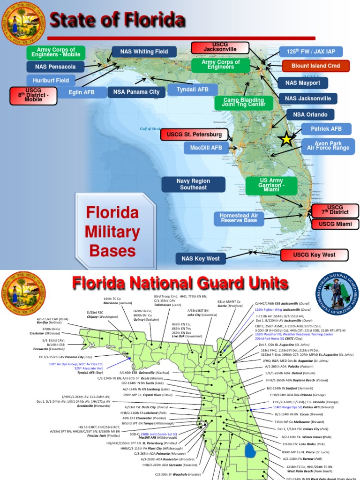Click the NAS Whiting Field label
tap(143, 52)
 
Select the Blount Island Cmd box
tap(315, 66)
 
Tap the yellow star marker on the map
tap(285, 139)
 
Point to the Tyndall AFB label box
tap(193, 90)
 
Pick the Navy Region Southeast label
tap(193, 184)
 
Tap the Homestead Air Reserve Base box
tap(238, 217)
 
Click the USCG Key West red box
tap(315, 255)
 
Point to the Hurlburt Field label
tap(52, 80)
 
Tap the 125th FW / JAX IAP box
tap(311, 52)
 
